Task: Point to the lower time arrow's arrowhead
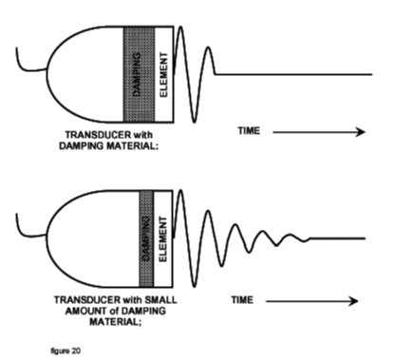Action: [353, 302]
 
